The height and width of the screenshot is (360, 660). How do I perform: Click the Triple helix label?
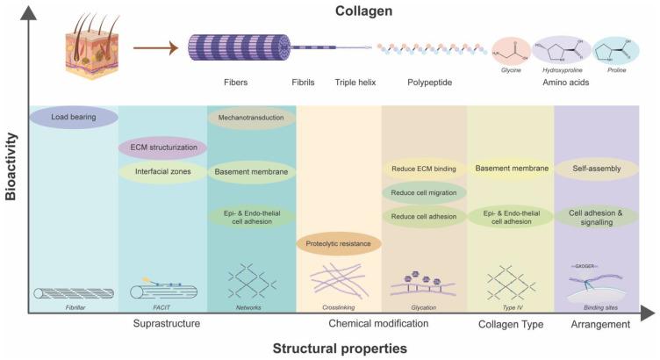click(x=356, y=84)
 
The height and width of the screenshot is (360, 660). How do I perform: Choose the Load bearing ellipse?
click(x=74, y=116)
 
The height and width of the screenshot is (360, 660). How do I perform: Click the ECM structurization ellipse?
click(x=162, y=148)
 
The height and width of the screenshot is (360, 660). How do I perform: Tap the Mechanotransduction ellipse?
click(x=250, y=116)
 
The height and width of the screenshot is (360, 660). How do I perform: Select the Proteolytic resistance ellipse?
click(x=339, y=244)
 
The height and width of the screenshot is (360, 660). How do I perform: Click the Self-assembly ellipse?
click(x=598, y=168)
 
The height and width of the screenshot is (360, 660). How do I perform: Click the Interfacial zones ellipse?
click(x=162, y=172)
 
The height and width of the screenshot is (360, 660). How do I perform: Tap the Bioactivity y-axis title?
click(x=11, y=167)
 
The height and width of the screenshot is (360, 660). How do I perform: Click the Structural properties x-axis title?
click(x=339, y=348)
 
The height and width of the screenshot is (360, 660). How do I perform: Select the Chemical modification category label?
click(x=379, y=324)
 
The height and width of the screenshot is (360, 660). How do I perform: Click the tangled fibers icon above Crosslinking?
click(x=339, y=281)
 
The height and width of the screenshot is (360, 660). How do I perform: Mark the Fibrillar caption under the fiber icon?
click(x=74, y=307)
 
